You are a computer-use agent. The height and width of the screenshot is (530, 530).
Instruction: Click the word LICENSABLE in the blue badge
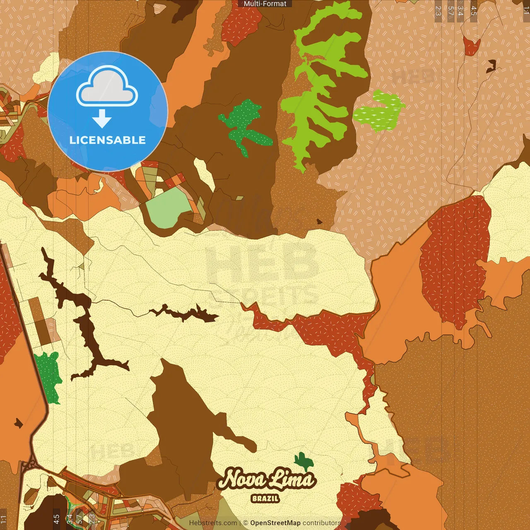(107, 140)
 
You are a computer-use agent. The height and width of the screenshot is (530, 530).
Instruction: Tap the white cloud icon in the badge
(107, 87)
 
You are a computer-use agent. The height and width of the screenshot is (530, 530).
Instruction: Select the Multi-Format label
(265, 4)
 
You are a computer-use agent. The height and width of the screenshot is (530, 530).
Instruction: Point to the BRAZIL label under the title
(265, 499)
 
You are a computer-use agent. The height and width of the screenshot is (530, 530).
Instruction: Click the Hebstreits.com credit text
(213, 523)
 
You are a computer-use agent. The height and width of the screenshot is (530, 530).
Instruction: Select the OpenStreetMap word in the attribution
(275, 523)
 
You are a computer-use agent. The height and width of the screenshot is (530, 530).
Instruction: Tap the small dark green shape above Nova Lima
(304, 460)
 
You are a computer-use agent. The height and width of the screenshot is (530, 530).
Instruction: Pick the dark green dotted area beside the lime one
(244, 124)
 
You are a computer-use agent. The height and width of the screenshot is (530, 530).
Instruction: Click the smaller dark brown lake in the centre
(186, 314)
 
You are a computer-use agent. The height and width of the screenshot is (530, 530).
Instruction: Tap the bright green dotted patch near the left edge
(49, 375)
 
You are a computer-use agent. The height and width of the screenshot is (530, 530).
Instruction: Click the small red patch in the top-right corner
(471, 46)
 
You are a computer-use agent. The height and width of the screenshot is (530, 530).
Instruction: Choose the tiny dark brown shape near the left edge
(18, 423)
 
